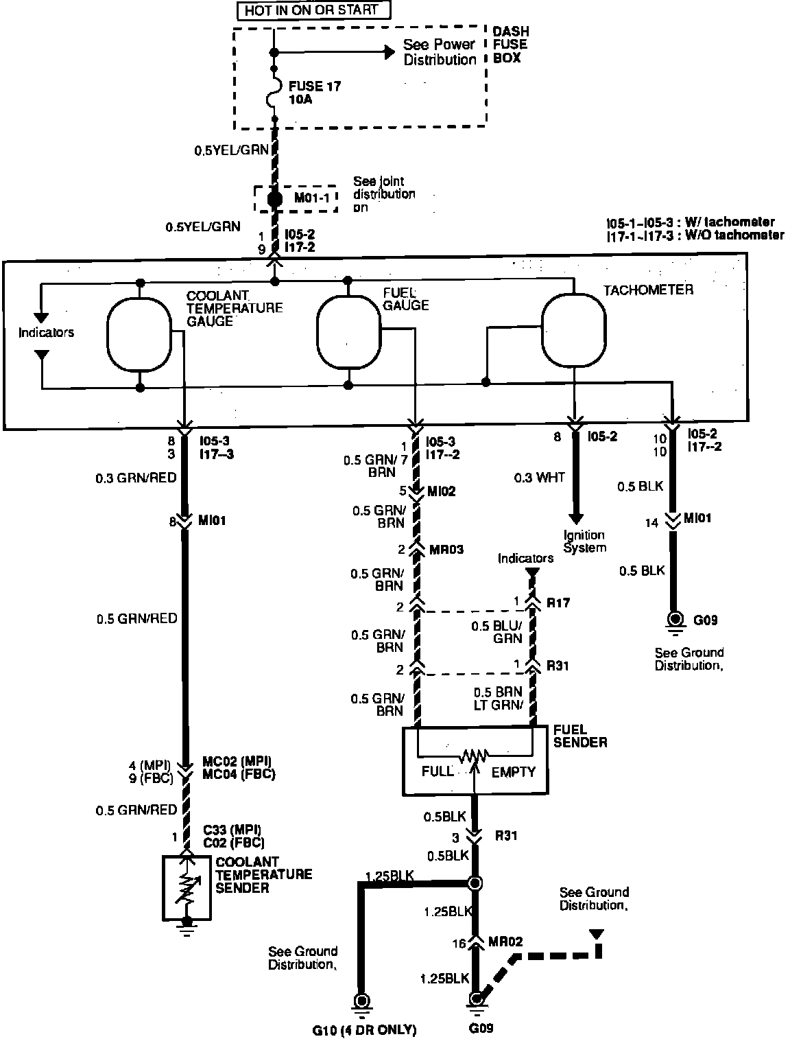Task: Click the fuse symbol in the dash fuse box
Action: tap(274, 92)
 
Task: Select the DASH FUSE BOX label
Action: tap(511, 45)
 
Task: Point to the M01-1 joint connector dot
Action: tap(274, 198)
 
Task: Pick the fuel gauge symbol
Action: tap(348, 332)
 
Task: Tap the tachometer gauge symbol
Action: tap(574, 330)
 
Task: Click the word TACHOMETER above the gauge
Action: tap(648, 290)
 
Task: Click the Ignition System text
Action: tap(584, 541)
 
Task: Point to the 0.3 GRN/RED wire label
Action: tap(136, 478)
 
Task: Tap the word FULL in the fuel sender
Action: tap(437, 771)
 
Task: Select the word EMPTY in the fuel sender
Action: tap(513, 771)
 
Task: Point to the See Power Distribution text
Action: tap(439, 52)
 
